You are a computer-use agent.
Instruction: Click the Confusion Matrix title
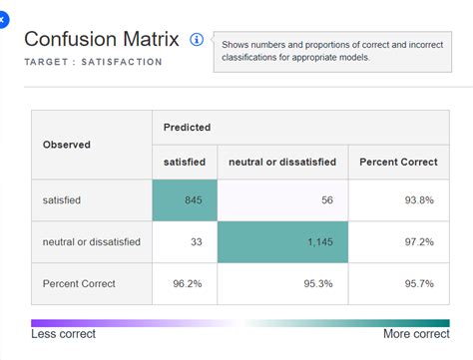(x=101, y=39)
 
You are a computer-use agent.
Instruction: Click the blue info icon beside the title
(x=197, y=40)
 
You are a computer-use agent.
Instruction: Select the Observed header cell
(x=66, y=145)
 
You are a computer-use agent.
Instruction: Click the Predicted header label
(x=189, y=128)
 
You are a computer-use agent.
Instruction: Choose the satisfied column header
(x=185, y=162)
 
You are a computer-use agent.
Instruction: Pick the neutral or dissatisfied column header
(x=282, y=162)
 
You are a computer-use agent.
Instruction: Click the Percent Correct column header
(x=398, y=162)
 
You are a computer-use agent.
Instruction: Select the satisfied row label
(x=62, y=200)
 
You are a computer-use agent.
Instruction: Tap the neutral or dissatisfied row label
(x=92, y=242)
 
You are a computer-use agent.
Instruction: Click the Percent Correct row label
(x=79, y=283)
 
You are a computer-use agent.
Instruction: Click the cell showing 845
(x=185, y=200)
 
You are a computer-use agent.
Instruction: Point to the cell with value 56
(x=282, y=200)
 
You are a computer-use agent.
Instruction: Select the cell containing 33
(x=185, y=242)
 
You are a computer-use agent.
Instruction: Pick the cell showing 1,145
(x=282, y=242)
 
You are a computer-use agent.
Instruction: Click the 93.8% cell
(x=398, y=200)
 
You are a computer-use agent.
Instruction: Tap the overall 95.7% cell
(x=398, y=283)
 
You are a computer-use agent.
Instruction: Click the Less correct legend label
(x=65, y=334)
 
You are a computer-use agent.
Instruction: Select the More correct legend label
(x=416, y=334)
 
